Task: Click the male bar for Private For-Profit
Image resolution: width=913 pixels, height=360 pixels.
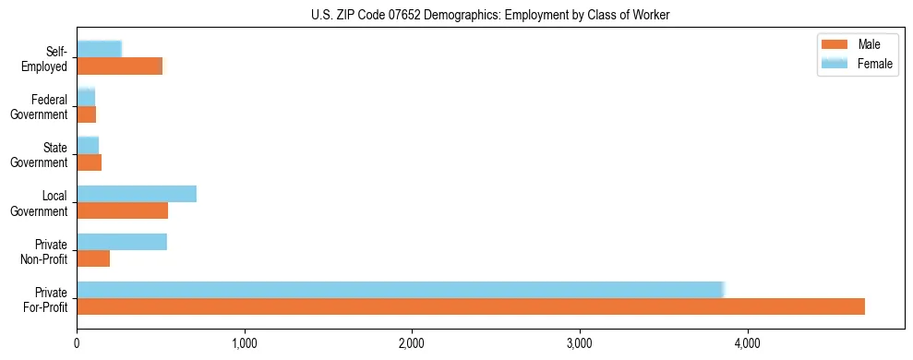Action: pyautogui.click(x=471, y=306)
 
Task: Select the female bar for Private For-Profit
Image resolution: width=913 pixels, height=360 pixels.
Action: pyautogui.click(x=401, y=290)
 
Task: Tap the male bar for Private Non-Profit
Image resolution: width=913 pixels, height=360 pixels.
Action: pyautogui.click(x=93, y=258)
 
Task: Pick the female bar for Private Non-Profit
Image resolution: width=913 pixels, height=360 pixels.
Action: pyautogui.click(x=122, y=242)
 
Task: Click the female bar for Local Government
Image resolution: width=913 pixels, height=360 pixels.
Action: pyautogui.click(x=137, y=193)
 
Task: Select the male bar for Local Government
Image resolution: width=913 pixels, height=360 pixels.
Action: pyautogui.click(x=122, y=210)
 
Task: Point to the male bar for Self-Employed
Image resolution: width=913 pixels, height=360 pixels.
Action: pyautogui.click(x=119, y=66)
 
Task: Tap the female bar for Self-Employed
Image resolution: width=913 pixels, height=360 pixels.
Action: pyautogui.click(x=99, y=49)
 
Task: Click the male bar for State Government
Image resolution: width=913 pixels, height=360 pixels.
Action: pyautogui.click(x=89, y=162)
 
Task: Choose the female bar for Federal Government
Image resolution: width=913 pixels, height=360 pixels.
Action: pyautogui.click(x=86, y=97)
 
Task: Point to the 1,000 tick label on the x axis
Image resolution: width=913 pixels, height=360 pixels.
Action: pyautogui.click(x=245, y=344)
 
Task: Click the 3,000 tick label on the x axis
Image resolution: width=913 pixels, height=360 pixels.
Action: pyautogui.click(x=580, y=344)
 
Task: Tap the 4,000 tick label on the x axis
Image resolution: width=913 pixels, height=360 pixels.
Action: pyautogui.click(x=747, y=344)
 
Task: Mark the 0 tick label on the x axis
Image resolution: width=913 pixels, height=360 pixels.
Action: pyautogui.click(x=77, y=344)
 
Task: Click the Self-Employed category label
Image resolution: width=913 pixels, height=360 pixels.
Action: pyautogui.click(x=46, y=58)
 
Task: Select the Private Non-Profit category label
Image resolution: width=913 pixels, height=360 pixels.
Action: pyautogui.click(x=45, y=251)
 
